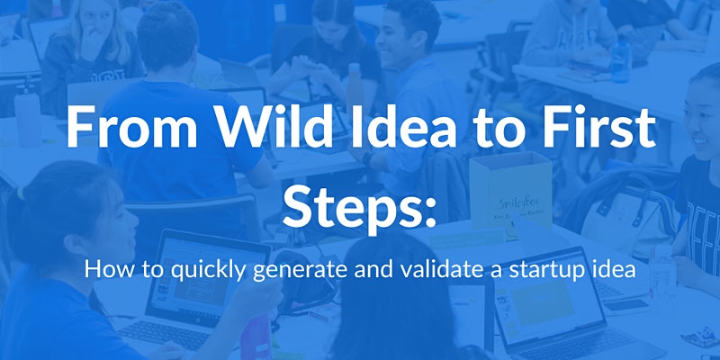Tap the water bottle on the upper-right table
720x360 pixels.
(x=620, y=60)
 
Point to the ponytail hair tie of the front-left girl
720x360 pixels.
(x=20, y=193)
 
